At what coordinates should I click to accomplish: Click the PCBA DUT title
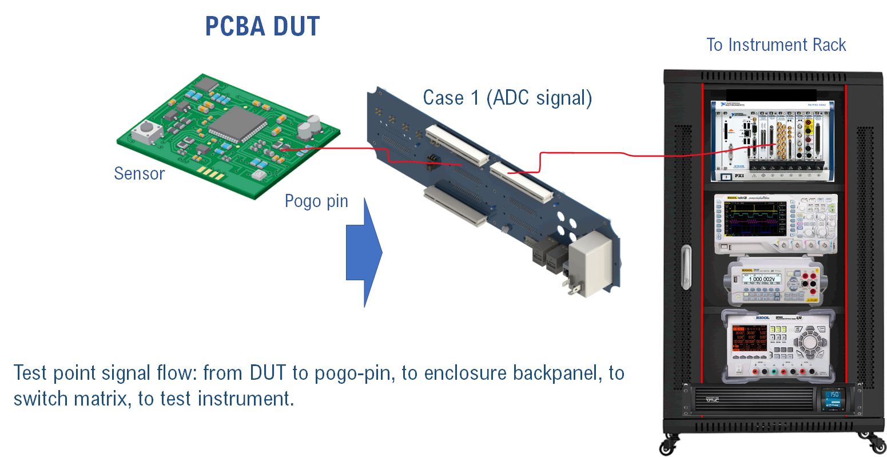click(262, 26)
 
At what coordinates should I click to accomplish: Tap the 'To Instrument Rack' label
click(775, 45)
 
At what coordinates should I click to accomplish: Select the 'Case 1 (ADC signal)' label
click(507, 98)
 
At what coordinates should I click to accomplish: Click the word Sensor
click(139, 173)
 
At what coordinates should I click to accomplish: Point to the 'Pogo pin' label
click(316, 201)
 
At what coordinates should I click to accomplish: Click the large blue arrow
click(364, 252)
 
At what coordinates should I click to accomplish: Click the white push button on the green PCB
click(146, 133)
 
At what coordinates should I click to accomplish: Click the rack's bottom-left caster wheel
click(667, 445)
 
